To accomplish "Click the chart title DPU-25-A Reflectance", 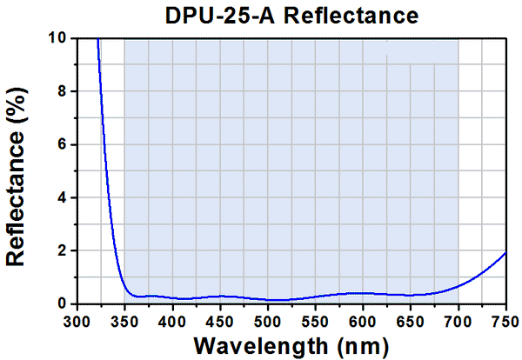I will click(291, 15).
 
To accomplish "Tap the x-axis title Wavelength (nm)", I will click(291, 344).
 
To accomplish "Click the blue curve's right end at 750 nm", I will click(505, 252).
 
